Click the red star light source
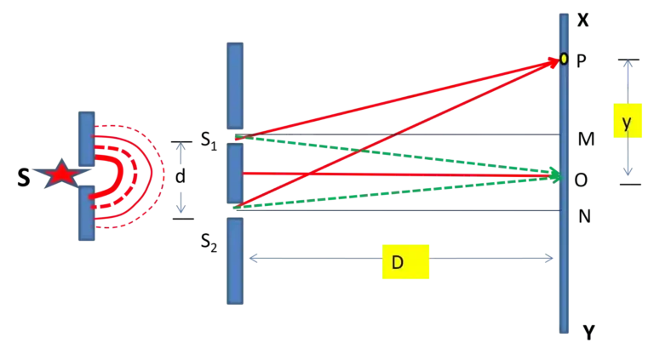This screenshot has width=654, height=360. coord(60,174)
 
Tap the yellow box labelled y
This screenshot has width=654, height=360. coord(628,123)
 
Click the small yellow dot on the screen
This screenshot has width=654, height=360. coord(564,60)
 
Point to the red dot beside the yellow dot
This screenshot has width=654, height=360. coord(553,61)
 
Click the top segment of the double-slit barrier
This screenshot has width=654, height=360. coord(235,85)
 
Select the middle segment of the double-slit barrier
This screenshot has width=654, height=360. coord(235,174)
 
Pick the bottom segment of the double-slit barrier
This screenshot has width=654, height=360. coord(235,260)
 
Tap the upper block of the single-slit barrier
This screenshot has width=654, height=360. coord(86,137)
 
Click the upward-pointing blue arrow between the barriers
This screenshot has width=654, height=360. coord(180,150)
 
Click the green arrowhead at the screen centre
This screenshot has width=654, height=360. coord(554,174)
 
